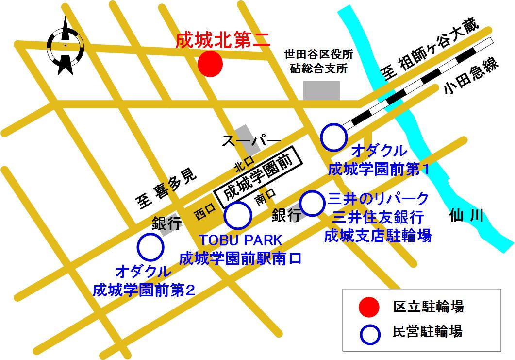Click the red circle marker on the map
[210, 64]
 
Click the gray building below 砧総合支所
[321, 90]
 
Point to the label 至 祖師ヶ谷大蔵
[429, 48]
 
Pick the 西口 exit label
[204, 213]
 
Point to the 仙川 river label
[466, 215]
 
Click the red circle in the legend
[369, 307]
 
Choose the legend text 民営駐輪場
[427, 332]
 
